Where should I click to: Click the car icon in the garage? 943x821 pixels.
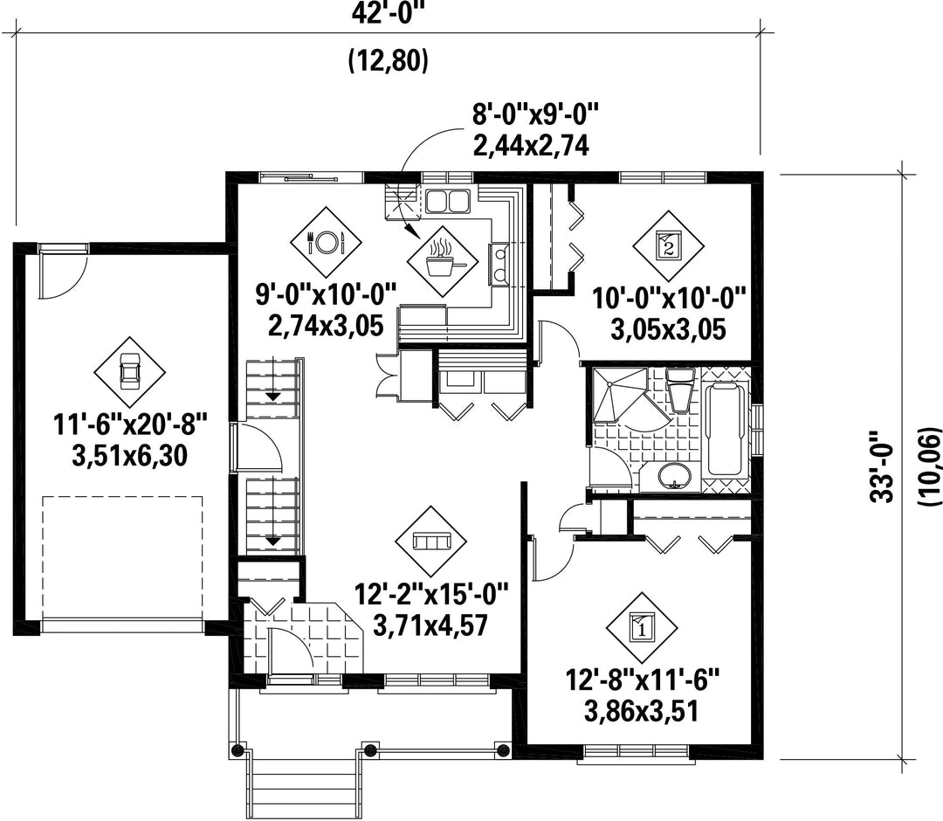[x=129, y=371]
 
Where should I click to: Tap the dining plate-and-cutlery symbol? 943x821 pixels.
[x=326, y=243]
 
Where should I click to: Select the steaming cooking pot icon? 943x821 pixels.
[x=442, y=262]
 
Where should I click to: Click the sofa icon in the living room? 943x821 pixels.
[x=431, y=542]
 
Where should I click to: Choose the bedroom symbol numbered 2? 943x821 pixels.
[x=668, y=245]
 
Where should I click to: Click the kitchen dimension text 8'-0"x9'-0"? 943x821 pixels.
[x=535, y=114]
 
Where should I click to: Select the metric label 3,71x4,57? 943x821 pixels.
[x=430, y=624]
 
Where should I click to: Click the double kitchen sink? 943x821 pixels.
[x=448, y=200]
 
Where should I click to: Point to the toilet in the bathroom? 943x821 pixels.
[x=681, y=390]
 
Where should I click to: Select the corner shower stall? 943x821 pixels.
[x=619, y=397]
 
